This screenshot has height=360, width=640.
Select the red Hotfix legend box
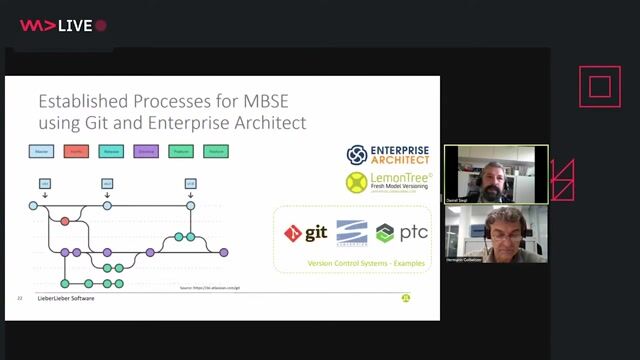[x=75, y=151]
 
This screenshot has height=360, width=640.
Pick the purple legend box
[x=145, y=151]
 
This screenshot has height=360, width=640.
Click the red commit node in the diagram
[x=65, y=220]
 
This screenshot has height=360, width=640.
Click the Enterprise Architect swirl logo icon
[x=357, y=154]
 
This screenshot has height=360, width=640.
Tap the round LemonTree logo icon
[x=357, y=182]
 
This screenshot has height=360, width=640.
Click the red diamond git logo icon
[x=293, y=233]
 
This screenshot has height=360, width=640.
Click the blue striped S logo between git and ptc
[x=351, y=233]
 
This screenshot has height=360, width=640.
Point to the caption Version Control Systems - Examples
[x=351, y=263]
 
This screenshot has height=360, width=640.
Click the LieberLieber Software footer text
[x=67, y=298]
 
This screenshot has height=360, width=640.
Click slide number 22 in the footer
[x=20, y=298]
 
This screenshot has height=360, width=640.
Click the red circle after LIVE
[x=100, y=25]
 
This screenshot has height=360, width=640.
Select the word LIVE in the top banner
[x=74, y=25]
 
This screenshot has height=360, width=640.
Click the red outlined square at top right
[x=600, y=87]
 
